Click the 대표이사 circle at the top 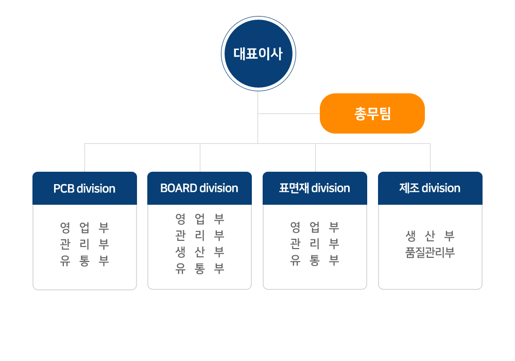[259, 54]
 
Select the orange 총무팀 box [372, 113]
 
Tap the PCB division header [85, 188]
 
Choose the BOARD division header [200, 188]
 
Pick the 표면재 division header [315, 188]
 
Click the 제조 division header [430, 188]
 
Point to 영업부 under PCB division [84, 227]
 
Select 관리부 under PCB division [84, 244]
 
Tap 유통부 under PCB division [84, 261]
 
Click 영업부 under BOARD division [200, 219]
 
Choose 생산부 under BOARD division [200, 252]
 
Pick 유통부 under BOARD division [200, 269]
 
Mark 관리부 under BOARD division [200, 235]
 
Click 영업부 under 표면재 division [315, 227]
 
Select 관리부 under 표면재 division [315, 243]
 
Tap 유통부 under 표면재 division [315, 260]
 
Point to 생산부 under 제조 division [430, 236]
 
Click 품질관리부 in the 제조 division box [430, 253]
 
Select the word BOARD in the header [179, 188]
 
